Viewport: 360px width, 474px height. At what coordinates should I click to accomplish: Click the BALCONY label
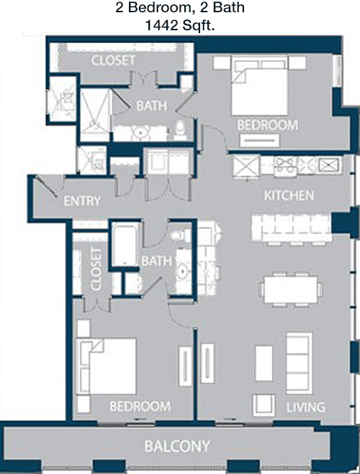[177, 446]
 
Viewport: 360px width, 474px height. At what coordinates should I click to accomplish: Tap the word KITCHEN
[289, 195]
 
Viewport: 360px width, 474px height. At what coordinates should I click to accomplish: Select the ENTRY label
[82, 201]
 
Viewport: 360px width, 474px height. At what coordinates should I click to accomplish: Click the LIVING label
[305, 407]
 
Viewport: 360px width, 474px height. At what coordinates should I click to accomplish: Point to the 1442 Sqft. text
[180, 25]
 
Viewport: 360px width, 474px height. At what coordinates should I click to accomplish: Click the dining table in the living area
[290, 290]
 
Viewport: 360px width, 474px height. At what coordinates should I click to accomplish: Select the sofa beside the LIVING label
[299, 363]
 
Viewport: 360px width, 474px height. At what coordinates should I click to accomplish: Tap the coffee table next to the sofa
[264, 363]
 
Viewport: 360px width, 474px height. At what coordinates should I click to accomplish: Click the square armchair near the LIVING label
[264, 404]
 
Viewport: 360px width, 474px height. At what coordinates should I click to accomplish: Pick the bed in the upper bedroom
[259, 85]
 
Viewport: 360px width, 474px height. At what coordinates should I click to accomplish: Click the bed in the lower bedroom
[107, 367]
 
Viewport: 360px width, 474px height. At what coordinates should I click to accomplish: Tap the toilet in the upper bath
[181, 130]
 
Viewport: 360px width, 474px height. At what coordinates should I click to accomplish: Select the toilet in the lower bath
[181, 235]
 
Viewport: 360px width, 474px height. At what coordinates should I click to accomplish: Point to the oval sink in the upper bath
[140, 133]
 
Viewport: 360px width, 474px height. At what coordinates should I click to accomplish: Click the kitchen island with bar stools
[291, 228]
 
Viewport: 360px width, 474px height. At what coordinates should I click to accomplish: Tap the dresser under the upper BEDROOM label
[259, 140]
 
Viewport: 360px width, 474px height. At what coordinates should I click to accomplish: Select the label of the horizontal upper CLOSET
[113, 61]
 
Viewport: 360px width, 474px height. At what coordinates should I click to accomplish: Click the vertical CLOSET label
[96, 269]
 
